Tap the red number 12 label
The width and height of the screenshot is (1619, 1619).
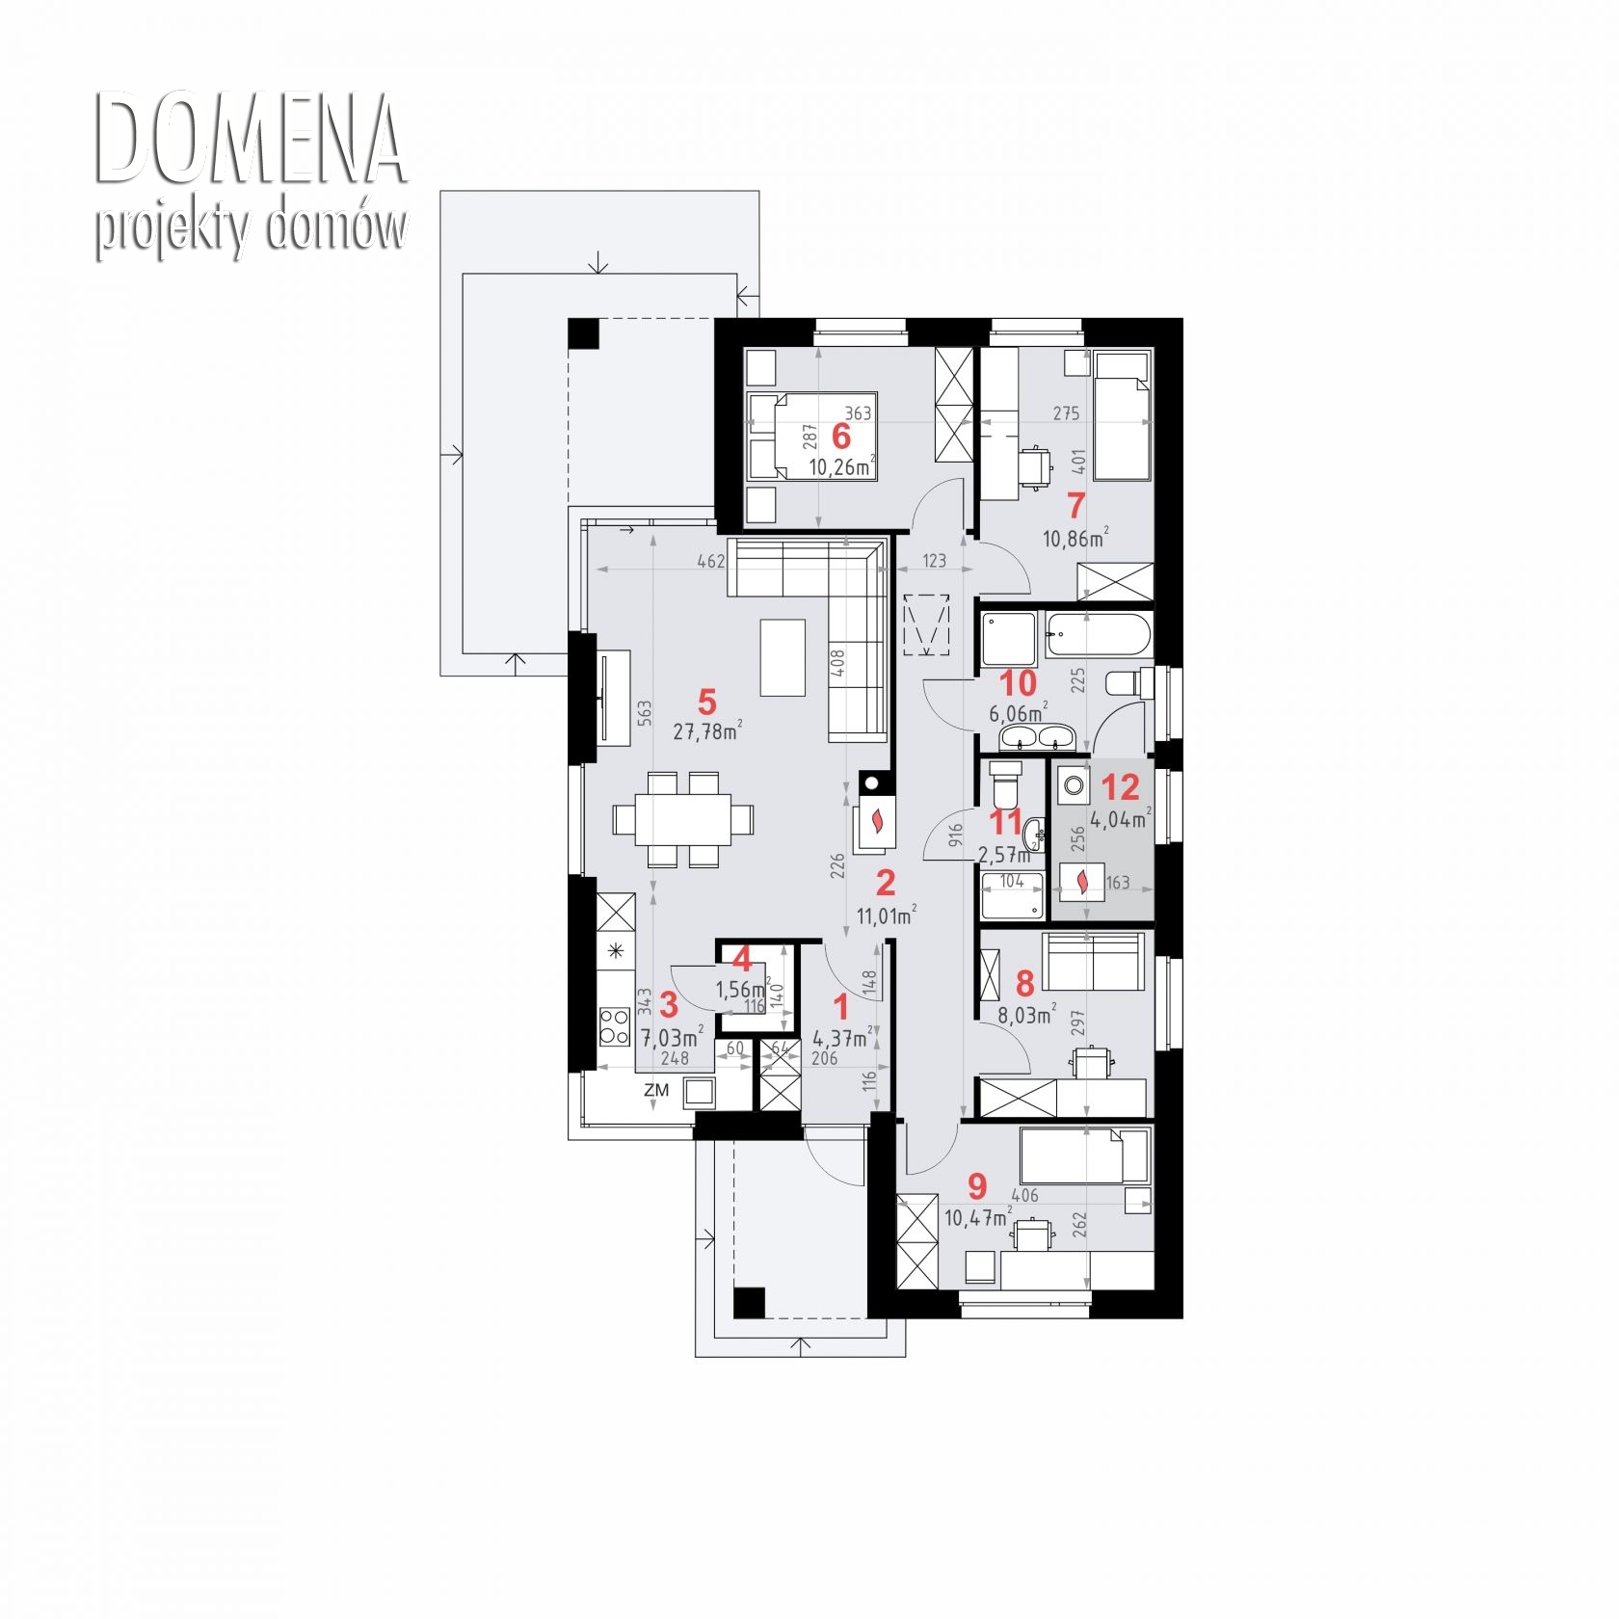click(x=1120, y=787)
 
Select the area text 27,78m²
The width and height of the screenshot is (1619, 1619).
click(x=707, y=731)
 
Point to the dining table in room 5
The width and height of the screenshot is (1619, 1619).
click(x=683, y=820)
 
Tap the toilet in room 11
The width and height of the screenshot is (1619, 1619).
click(x=1005, y=783)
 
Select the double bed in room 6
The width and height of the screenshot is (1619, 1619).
click(x=812, y=436)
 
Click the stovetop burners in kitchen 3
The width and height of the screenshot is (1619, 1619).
click(x=614, y=1026)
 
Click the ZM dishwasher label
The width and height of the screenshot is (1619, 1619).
click(x=656, y=1090)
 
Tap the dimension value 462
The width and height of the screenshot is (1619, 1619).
click(x=710, y=561)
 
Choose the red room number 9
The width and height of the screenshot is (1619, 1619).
click(x=978, y=1183)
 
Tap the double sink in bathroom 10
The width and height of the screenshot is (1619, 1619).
click(x=1036, y=737)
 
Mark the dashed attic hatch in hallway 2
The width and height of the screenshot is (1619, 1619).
click(x=927, y=625)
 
